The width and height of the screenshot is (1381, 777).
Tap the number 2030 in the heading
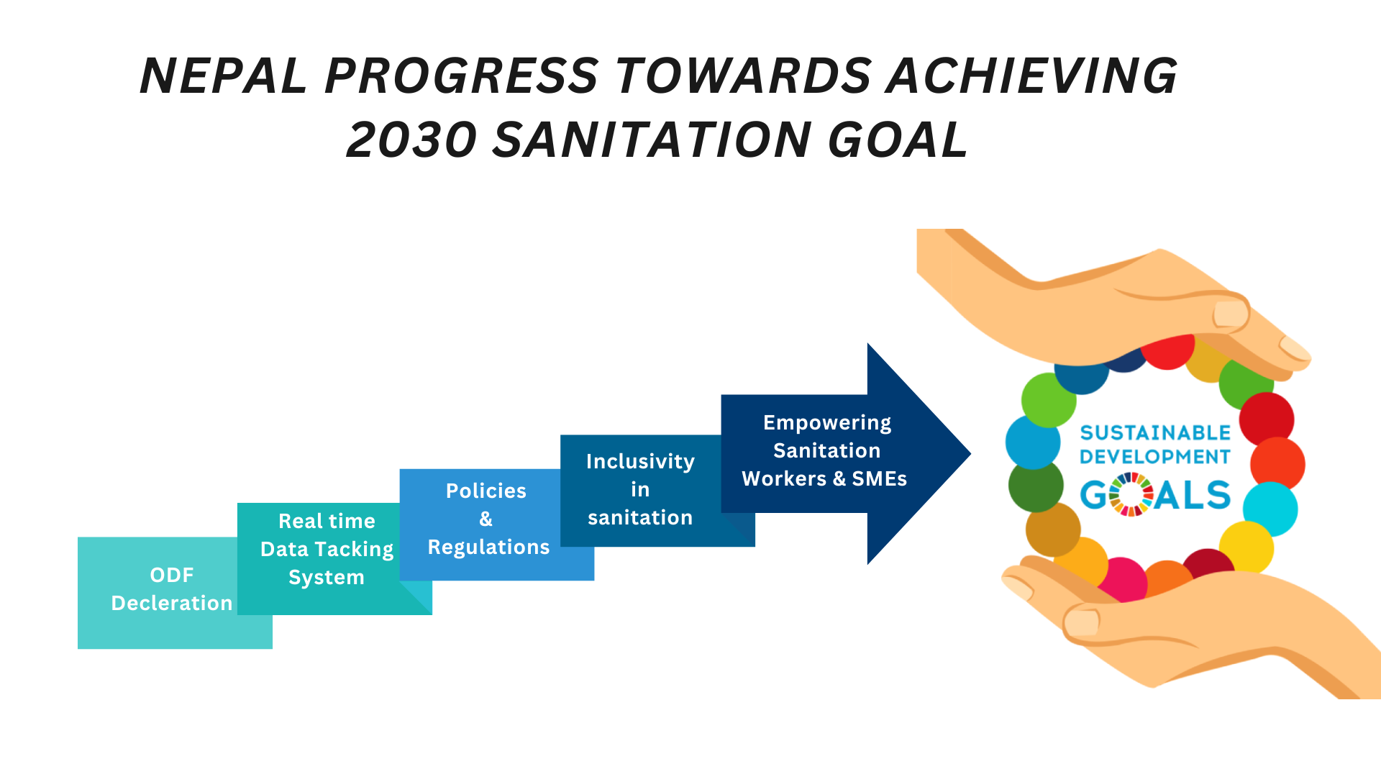(x=412, y=140)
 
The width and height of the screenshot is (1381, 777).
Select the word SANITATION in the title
(x=652, y=140)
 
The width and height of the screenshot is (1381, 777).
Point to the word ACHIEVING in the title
(x=1032, y=76)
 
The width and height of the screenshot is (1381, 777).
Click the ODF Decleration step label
(x=172, y=589)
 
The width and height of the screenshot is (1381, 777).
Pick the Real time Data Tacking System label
(x=327, y=549)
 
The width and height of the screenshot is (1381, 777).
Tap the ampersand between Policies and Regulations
(x=486, y=519)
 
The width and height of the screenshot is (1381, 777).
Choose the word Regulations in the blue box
(x=489, y=547)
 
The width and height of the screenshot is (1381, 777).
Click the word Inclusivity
(x=640, y=461)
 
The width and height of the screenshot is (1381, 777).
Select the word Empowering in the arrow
(x=827, y=423)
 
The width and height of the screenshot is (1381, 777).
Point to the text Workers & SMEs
(x=824, y=478)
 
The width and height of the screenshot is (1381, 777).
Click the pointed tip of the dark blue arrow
(x=970, y=453)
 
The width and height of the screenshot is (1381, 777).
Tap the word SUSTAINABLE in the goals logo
(x=1155, y=433)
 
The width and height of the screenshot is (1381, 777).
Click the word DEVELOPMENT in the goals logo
(x=1155, y=457)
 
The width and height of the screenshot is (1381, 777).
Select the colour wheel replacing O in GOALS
(x=1131, y=494)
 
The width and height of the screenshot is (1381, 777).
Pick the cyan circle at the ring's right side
(x=1270, y=509)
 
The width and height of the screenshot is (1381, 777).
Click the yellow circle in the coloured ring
(x=1246, y=548)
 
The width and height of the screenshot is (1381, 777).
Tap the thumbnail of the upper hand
(x=1231, y=314)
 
